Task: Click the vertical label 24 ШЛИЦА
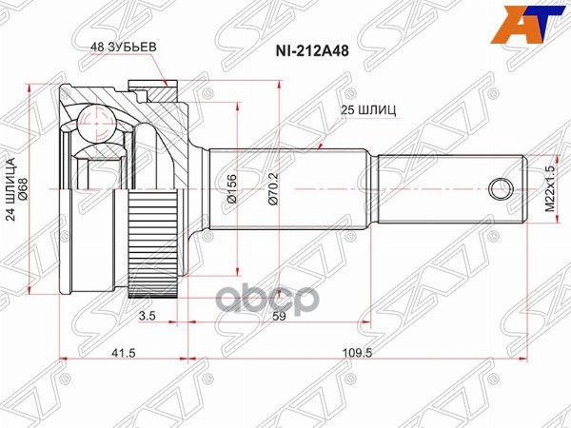11,186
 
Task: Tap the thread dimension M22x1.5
550,188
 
